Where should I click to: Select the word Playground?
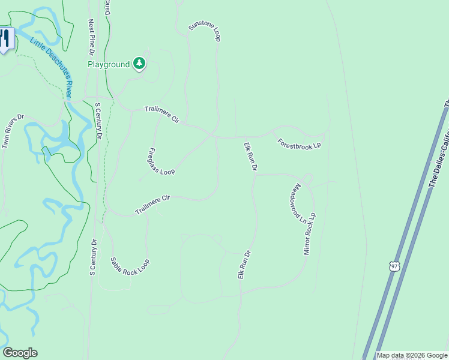[109, 64]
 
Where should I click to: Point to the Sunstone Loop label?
[205, 30]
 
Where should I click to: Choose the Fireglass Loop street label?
[161, 161]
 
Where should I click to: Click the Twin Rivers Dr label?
[13, 131]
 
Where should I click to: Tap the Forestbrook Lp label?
[300, 144]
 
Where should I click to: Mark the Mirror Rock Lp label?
[310, 233]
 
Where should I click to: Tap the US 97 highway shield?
[394, 266]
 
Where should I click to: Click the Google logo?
[20, 353]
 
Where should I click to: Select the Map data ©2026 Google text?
[412, 355]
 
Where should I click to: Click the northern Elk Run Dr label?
[250, 157]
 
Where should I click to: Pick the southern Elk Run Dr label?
[243, 264]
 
